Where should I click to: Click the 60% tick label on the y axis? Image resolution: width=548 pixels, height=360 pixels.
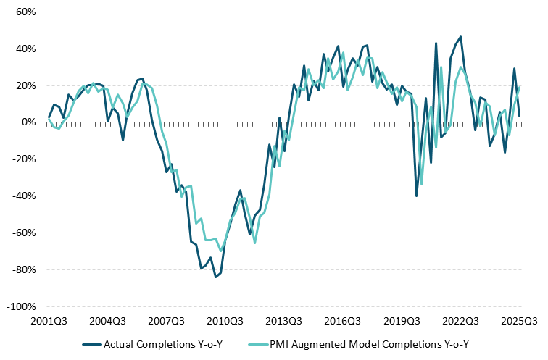[x=25, y=12]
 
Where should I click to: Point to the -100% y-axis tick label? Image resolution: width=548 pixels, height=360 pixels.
[x=22, y=306]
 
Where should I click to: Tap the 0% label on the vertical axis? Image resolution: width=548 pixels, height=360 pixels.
[x=29, y=122]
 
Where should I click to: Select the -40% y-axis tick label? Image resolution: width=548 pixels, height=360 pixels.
[x=24, y=196]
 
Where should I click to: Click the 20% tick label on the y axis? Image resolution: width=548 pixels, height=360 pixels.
[x=25, y=85]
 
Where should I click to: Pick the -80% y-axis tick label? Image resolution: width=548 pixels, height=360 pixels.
[x=24, y=269]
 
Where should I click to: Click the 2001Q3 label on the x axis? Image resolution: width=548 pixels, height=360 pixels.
[x=49, y=320]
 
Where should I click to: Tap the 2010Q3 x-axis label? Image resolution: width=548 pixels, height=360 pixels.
[x=225, y=320]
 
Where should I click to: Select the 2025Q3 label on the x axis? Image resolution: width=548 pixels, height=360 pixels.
[x=519, y=320]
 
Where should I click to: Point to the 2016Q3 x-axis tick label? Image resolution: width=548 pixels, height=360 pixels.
[x=343, y=320]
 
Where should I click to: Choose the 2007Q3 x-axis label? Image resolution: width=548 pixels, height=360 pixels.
[x=167, y=320]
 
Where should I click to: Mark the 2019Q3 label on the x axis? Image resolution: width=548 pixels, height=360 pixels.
[x=402, y=320]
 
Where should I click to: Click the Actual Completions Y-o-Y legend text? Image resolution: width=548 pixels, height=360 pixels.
[x=162, y=343]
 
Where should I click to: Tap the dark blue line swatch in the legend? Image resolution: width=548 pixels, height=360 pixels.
[x=92, y=343]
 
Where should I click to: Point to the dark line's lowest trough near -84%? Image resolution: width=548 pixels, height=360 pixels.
[x=215, y=277]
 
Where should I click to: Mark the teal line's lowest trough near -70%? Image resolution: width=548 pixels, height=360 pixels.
[x=220, y=251]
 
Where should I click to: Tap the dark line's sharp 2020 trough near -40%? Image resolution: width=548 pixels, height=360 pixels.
[x=416, y=196]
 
